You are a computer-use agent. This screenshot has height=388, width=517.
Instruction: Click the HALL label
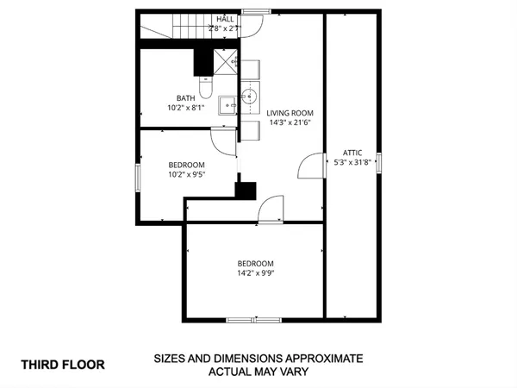[x=226, y=18]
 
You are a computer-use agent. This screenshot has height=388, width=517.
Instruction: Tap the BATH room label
[x=186, y=97]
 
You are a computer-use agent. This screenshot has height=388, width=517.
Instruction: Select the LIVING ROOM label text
[x=290, y=113]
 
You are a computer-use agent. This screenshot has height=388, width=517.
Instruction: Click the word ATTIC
[x=352, y=152]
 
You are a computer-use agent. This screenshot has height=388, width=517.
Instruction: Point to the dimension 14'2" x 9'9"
[x=256, y=273]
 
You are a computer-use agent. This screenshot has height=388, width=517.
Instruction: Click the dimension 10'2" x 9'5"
[x=186, y=174]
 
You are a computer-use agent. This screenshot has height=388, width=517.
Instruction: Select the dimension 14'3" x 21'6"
[x=290, y=122]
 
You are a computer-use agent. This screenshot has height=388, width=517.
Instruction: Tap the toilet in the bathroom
[x=205, y=87]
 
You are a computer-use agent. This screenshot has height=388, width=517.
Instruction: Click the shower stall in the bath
[x=226, y=64]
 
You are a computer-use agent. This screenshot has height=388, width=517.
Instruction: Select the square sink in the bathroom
[x=227, y=105]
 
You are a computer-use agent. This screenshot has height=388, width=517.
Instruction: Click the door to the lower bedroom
[x=270, y=209]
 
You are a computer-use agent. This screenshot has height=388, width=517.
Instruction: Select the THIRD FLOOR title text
[x=63, y=365]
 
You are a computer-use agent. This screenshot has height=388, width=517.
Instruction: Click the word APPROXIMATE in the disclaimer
[x=314, y=358]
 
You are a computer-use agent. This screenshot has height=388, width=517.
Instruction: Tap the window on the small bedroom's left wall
[x=137, y=176]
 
